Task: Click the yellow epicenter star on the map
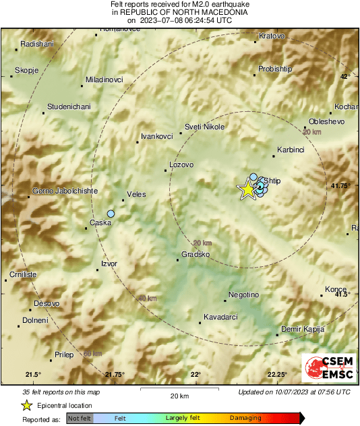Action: [x=247, y=189]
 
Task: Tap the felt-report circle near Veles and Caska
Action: [x=111, y=214]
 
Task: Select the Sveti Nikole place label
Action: [x=204, y=126]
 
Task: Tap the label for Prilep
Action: [x=63, y=354]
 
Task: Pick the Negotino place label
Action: [x=243, y=295]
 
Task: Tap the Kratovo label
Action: [x=272, y=36]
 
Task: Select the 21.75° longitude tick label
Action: [x=115, y=374]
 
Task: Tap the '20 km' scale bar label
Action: [x=179, y=396]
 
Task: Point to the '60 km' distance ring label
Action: [x=92, y=353]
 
